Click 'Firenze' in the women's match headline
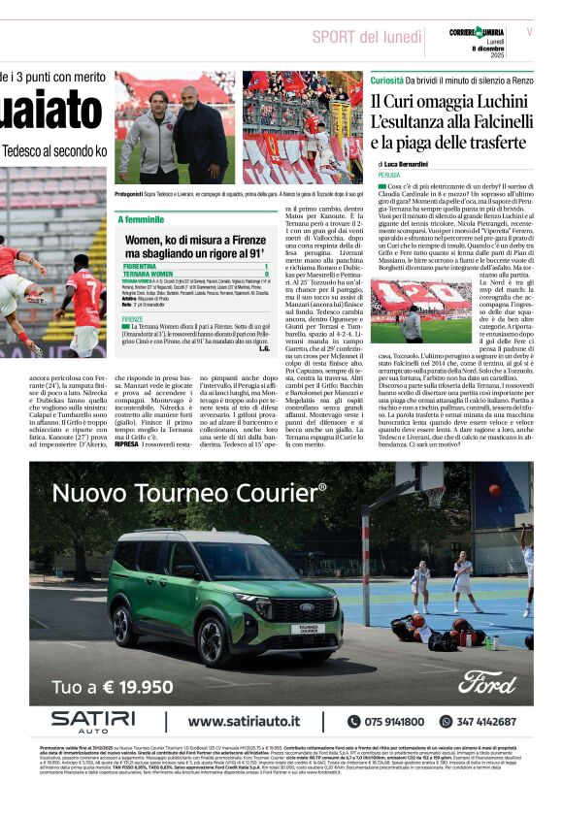point(242,239)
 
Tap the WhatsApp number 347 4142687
point(486,722)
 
